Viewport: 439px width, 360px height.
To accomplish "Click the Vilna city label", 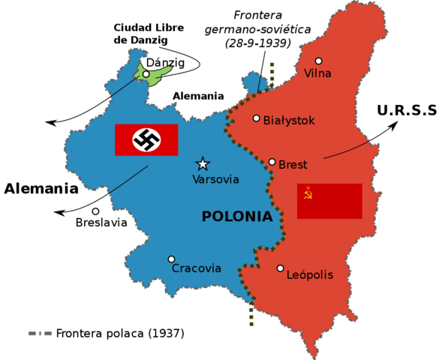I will (x=317, y=73).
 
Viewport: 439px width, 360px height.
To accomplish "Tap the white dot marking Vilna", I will (x=318, y=61).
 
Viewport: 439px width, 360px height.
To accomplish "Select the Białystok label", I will (x=289, y=120).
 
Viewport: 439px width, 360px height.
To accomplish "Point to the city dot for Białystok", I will (x=257, y=118).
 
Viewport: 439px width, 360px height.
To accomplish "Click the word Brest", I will (x=293, y=164).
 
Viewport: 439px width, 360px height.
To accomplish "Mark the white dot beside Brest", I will (x=272, y=162).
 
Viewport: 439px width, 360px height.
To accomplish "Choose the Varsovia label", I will (x=215, y=179).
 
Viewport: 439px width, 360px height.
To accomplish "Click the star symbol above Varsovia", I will (x=203, y=163).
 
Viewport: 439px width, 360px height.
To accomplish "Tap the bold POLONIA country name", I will (x=237, y=217).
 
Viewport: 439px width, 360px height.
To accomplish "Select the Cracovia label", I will (x=197, y=268).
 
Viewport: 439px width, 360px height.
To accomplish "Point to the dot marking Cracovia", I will (x=171, y=259).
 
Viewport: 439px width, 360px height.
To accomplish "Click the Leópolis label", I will (x=310, y=274).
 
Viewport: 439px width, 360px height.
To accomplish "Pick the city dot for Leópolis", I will (x=280, y=268).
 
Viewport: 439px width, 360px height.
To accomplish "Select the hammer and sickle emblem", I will (x=306, y=193).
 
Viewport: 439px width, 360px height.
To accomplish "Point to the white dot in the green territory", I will (x=146, y=73).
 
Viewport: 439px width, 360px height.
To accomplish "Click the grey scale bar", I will (x=40, y=333).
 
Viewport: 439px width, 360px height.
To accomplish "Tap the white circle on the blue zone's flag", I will (x=146, y=139).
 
